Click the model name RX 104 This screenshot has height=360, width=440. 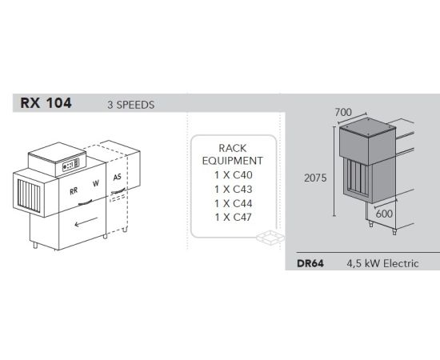(46, 103)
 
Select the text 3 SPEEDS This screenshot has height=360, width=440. (130, 105)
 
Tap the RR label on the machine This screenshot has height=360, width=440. (74, 191)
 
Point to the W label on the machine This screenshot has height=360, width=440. (96, 184)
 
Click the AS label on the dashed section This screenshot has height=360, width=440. (118, 177)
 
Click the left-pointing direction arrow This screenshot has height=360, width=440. (86, 222)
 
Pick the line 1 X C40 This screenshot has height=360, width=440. (234, 175)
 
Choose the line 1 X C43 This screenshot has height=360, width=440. (234, 190)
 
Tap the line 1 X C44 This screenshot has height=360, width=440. (234, 203)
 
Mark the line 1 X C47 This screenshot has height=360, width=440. (234, 217)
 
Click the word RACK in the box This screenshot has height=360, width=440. (233, 148)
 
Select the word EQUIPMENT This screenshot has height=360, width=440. (233, 161)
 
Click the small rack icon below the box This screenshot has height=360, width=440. (270, 238)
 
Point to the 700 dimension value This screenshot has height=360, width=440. (343, 113)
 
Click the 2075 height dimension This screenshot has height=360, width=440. (315, 178)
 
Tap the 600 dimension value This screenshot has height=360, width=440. (384, 214)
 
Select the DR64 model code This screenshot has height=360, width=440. (310, 263)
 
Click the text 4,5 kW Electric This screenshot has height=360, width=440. (382, 263)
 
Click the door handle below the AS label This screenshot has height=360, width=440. (119, 191)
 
